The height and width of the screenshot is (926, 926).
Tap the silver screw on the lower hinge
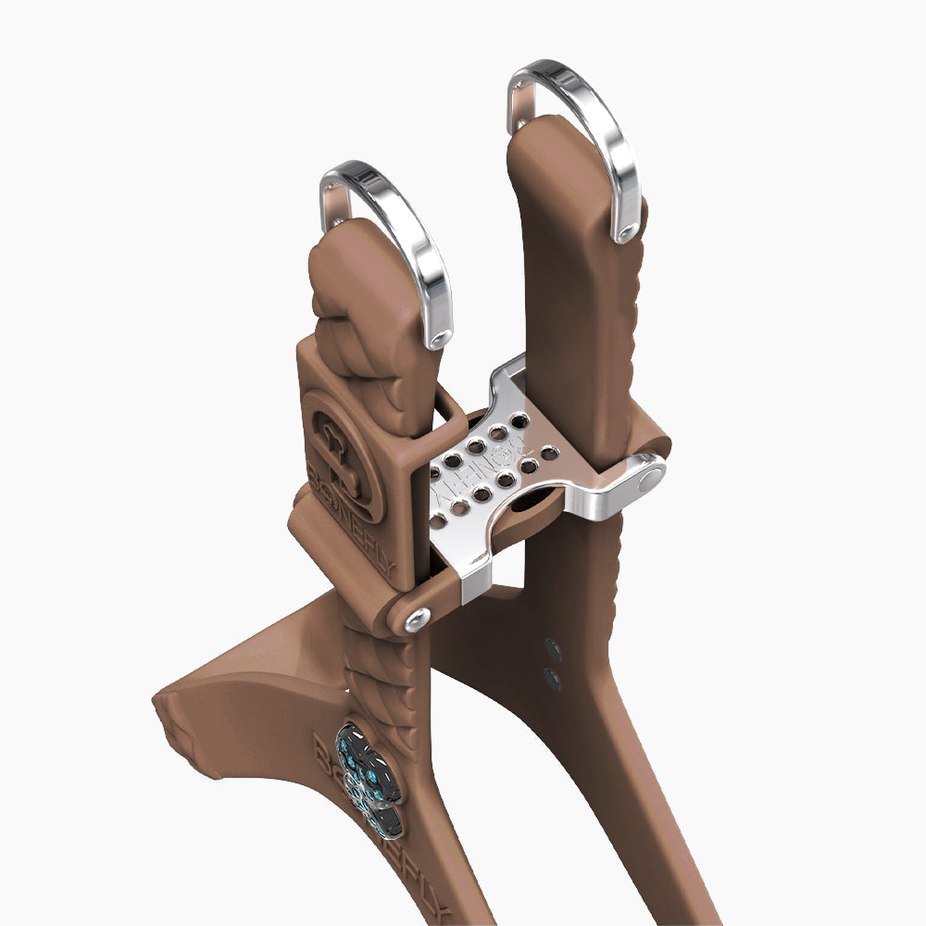(x=417, y=618)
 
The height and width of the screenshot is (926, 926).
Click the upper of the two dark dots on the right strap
(x=554, y=651)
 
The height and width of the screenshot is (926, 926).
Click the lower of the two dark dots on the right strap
(x=554, y=681)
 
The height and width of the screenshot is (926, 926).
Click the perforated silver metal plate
(x=491, y=463)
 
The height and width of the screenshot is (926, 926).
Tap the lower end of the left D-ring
(x=439, y=338)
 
